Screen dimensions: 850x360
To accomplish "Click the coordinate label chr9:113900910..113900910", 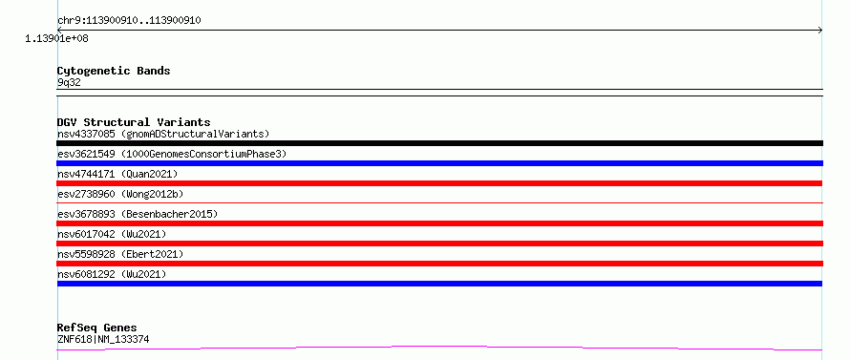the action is pyautogui.click(x=129, y=21).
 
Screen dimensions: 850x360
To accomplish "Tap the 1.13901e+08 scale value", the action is pyautogui.click(x=56, y=39).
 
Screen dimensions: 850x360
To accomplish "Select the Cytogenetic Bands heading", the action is pyautogui.click(x=114, y=71).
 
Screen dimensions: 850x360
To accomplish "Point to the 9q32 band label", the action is pyautogui.click(x=70, y=83).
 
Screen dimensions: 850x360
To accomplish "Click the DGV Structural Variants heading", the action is pyautogui.click(x=134, y=122).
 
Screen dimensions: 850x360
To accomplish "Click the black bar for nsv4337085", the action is pyautogui.click(x=439, y=143).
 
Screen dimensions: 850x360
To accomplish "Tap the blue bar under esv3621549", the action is pyautogui.click(x=439, y=163).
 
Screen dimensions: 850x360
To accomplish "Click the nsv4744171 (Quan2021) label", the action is pyautogui.click(x=117, y=174).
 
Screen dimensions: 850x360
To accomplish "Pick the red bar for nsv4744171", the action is pyautogui.click(x=439, y=183).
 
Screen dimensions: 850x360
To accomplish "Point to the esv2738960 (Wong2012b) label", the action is pyautogui.click(x=123, y=194).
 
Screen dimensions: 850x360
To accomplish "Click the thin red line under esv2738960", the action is pyautogui.click(x=439, y=202).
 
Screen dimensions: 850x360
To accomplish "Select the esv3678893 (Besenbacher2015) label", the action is pyautogui.click(x=138, y=214).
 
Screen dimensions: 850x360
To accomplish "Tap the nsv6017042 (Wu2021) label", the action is pyautogui.click(x=112, y=234).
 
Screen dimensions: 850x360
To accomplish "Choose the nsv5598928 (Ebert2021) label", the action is pyautogui.click(x=120, y=254).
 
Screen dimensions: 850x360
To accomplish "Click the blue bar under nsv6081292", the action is pyautogui.click(x=439, y=284).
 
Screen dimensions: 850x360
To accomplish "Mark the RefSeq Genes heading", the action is pyautogui.click(x=97, y=328).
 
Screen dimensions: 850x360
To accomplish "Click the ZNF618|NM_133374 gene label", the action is pyautogui.click(x=103, y=340).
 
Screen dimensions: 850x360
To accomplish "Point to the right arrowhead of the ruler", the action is pyautogui.click(x=820, y=31).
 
